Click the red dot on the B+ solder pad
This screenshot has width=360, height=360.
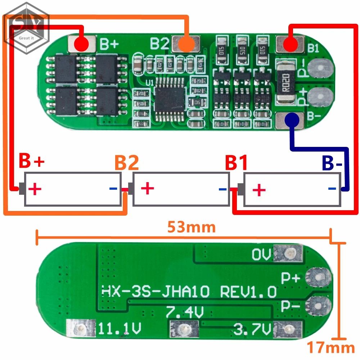pyautogui.click(x=81, y=44)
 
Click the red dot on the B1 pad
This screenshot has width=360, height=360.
pyautogui.click(x=290, y=45)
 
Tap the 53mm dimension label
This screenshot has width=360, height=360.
pyautogui.click(x=191, y=227)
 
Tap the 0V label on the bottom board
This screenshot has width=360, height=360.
pyautogui.click(x=261, y=255)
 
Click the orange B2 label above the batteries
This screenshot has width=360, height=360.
pyautogui.click(x=126, y=163)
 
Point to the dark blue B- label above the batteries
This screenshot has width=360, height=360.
pyautogui.click(x=332, y=163)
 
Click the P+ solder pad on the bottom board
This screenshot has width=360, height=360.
pyautogui.click(x=318, y=278)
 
